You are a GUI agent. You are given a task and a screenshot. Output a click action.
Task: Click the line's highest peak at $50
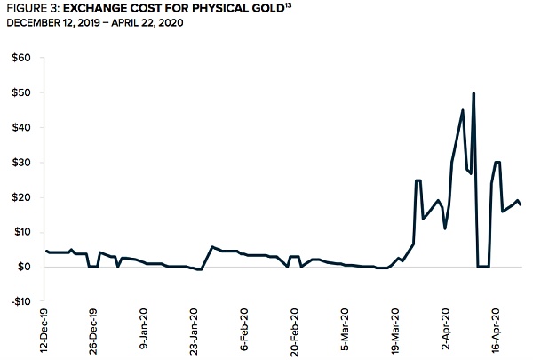473,93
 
